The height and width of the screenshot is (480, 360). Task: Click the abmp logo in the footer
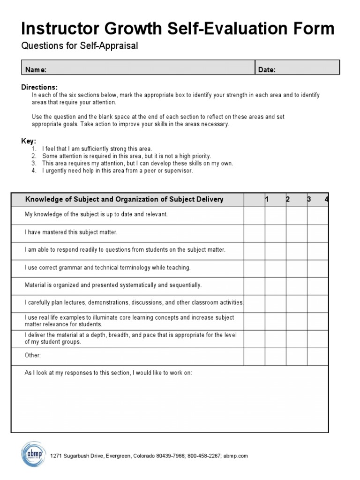point(32,454)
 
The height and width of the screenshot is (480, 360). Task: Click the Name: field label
point(36,70)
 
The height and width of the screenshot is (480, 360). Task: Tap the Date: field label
point(267,70)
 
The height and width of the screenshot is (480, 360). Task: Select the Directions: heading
point(39,87)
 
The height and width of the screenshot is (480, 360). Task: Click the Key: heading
point(29,141)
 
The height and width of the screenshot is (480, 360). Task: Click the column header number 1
point(267,199)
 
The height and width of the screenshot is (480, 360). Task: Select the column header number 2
point(288,199)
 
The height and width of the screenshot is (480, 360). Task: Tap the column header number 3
point(309,199)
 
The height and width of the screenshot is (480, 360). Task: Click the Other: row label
point(33,355)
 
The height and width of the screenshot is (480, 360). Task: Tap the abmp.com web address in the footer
point(235,456)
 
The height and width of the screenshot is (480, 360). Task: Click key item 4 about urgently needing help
point(117,171)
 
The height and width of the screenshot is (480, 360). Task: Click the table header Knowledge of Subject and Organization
point(124,199)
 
